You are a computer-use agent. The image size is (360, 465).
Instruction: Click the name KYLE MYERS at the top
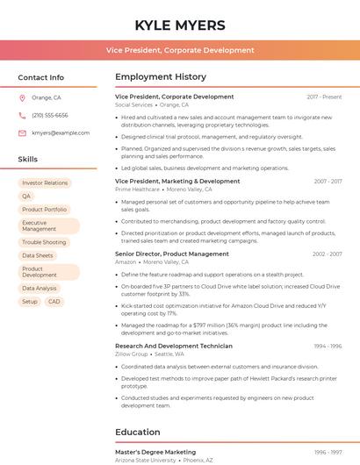(180, 25)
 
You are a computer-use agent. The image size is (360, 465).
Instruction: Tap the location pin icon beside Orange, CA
(22, 97)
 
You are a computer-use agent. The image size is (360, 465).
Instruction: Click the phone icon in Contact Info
(22, 115)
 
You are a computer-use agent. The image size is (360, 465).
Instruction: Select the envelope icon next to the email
(22, 132)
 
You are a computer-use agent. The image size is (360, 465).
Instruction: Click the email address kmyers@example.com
(61, 132)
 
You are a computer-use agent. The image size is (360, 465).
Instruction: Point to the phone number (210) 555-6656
(50, 115)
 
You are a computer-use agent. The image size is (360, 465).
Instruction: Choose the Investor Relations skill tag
(45, 183)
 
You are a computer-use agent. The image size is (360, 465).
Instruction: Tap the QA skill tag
(26, 197)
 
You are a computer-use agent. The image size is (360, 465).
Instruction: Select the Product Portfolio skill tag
(44, 210)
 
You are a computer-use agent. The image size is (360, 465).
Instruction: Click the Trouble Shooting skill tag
(44, 242)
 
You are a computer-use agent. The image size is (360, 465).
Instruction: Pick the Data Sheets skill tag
(38, 255)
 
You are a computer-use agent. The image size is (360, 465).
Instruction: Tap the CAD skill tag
(54, 301)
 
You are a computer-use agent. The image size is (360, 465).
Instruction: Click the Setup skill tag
(30, 301)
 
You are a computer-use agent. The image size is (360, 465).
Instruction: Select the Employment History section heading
(161, 77)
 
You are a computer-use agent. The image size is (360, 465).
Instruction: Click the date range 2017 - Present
(324, 97)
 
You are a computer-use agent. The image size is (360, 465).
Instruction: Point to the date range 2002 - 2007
(326, 254)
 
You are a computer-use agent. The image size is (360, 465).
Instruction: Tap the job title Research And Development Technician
(174, 346)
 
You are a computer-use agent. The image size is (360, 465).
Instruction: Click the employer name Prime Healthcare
(137, 189)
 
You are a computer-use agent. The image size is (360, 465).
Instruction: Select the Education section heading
(138, 432)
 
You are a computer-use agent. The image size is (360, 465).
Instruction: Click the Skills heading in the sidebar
(28, 160)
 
